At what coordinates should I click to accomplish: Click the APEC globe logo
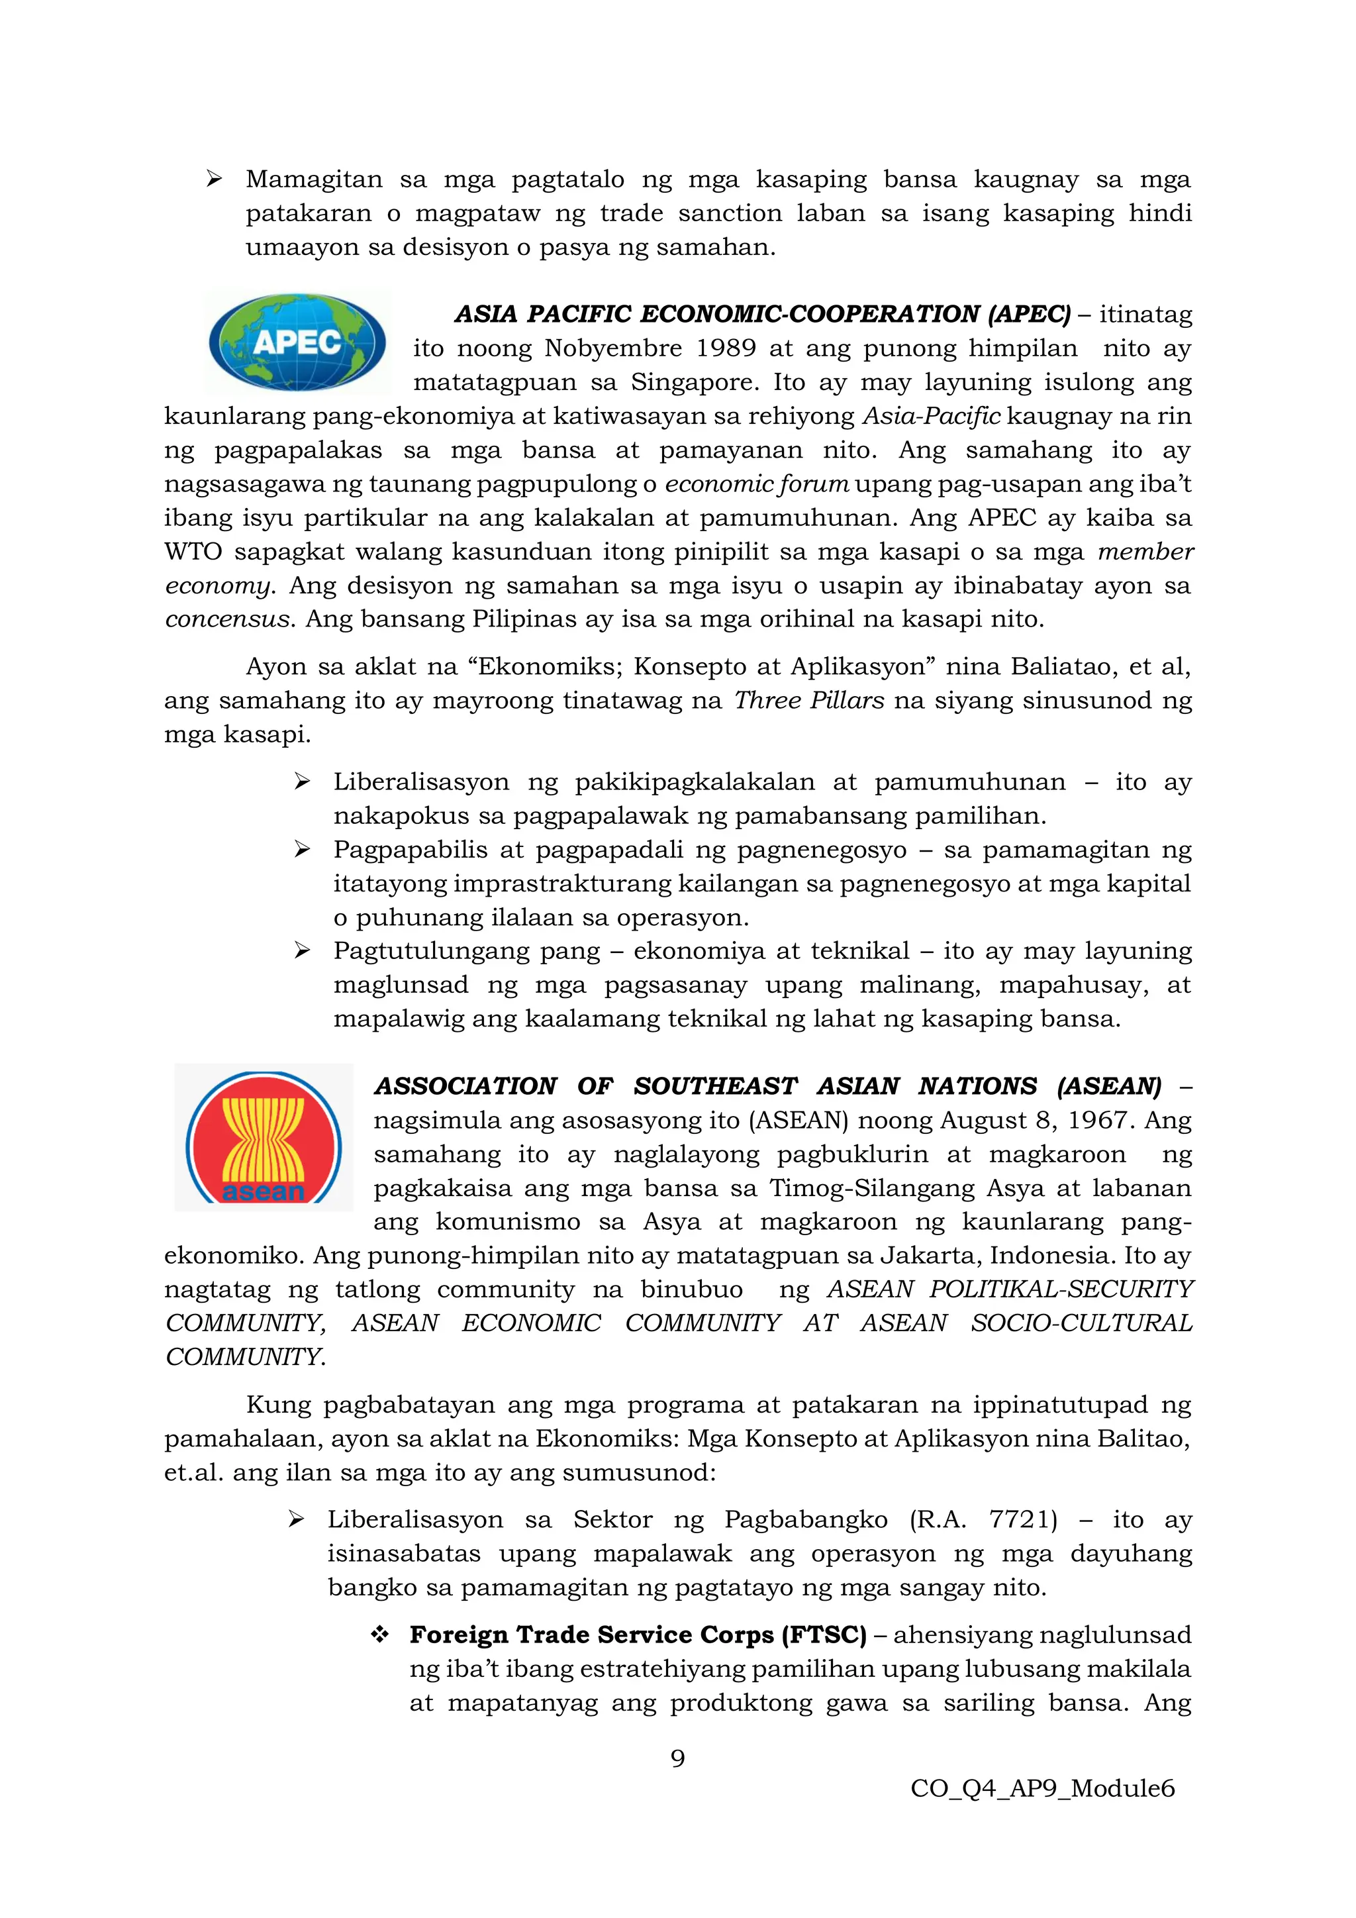coord(297,342)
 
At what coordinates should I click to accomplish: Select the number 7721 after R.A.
coord(1023,1519)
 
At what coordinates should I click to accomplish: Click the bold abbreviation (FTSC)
coord(823,1635)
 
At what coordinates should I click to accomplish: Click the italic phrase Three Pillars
coord(808,701)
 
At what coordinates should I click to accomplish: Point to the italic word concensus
coord(227,620)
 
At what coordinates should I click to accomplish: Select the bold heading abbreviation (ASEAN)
coord(1109,1086)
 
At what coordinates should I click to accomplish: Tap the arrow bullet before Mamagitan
coord(214,179)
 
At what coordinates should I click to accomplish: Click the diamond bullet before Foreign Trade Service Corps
coord(380,1635)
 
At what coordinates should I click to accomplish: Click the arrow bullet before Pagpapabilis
coord(303,850)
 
